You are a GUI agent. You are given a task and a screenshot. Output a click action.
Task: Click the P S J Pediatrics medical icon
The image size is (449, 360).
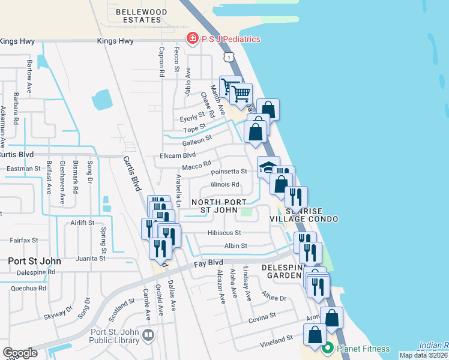pos(193,39)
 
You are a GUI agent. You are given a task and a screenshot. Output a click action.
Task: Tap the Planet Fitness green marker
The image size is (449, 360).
pos(328,348)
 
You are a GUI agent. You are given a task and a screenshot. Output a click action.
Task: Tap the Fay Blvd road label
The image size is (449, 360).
pos(208,263)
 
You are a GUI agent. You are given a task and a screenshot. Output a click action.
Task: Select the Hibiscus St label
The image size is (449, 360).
pos(223,233)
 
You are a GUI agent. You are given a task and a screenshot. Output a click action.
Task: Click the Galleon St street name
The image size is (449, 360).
pos(197,139)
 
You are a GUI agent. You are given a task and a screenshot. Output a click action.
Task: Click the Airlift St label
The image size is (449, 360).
pos(82,222)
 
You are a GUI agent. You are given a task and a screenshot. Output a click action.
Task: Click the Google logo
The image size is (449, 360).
pos(20,353)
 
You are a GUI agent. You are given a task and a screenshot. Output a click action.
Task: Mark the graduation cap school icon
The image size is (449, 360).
pos(267,167)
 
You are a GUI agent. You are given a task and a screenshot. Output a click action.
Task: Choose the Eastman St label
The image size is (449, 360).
pos(24,170)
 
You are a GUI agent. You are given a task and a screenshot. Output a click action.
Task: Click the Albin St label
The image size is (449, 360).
pos(236,246)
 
